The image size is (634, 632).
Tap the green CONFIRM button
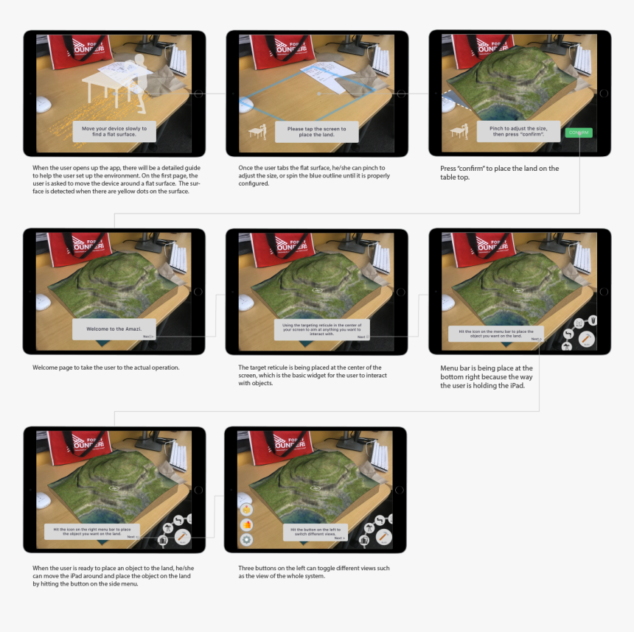click(579, 133)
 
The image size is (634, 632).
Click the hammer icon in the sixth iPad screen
click(587, 339)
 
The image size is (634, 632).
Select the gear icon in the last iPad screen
click(246, 540)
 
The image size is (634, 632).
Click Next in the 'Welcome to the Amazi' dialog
click(148, 336)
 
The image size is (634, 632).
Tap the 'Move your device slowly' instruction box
click(114, 131)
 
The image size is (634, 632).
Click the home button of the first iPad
click(198, 94)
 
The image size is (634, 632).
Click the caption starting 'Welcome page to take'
click(106, 367)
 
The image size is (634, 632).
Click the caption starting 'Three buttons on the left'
click(314, 572)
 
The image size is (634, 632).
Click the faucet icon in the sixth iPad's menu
click(568, 335)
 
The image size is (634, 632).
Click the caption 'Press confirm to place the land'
click(500, 172)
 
